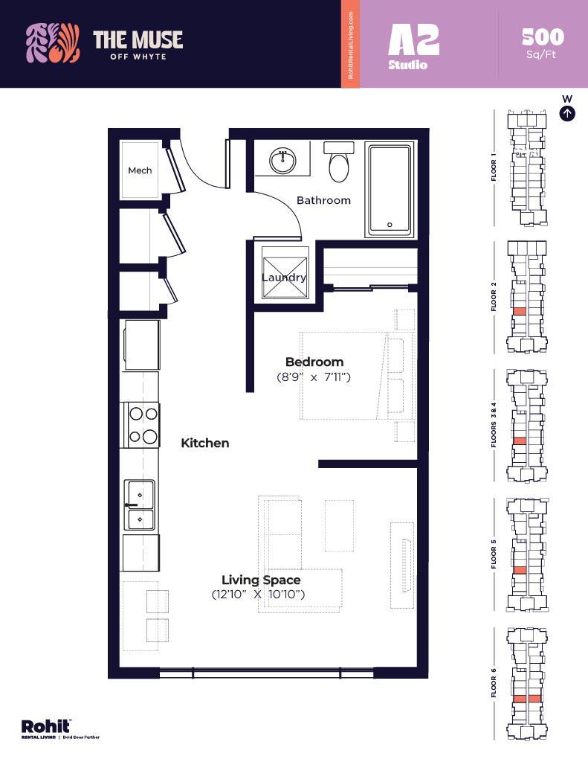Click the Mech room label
pos(140,170)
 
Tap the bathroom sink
pos(282,160)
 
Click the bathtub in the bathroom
pos(388,190)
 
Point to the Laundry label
pos(284,278)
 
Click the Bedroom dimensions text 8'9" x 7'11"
pos(313,377)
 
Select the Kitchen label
pos(205,443)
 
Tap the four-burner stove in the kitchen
pos(141,425)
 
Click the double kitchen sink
pos(140,505)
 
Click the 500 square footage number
pos(543,36)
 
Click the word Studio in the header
pos(407,65)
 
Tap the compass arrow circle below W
pos(567,114)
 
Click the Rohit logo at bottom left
pos(46,727)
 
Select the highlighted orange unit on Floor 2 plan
pos(520,311)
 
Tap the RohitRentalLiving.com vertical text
pos(350,45)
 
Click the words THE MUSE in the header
pos(138,39)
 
